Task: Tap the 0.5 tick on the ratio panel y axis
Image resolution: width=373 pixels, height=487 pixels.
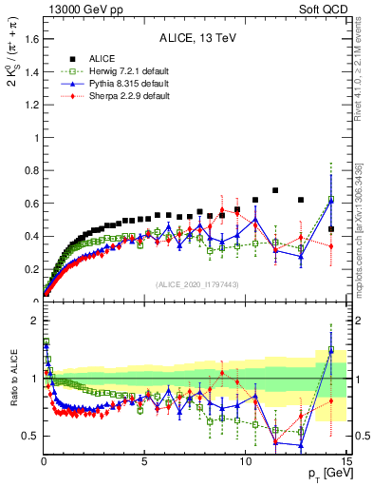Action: pos(29,436)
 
